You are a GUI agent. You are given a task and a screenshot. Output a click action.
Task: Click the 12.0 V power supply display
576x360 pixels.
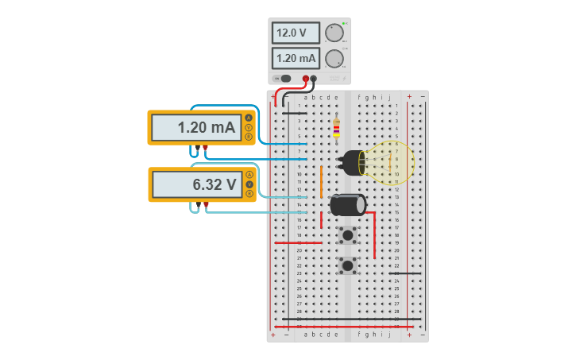coord(296,33)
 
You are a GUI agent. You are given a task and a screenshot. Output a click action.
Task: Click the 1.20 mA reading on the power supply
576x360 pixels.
coord(296,58)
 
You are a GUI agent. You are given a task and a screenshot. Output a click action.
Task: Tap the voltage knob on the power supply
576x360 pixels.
coord(334,33)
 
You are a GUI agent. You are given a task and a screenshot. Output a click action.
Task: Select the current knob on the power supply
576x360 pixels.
coord(334,58)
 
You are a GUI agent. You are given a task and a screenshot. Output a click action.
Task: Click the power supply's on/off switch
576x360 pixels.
coord(284,78)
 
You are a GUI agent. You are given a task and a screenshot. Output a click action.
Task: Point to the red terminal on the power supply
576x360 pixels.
coord(306,78)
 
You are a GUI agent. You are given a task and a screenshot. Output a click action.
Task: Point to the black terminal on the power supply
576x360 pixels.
coord(314,78)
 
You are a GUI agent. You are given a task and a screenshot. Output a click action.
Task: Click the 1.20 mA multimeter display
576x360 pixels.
coord(196,127)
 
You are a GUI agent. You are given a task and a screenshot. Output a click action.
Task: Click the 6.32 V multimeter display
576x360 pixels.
coord(196,184)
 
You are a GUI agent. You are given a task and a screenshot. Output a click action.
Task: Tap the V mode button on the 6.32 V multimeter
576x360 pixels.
coord(249,184)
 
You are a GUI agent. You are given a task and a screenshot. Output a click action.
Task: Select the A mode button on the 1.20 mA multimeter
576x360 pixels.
coord(249,118)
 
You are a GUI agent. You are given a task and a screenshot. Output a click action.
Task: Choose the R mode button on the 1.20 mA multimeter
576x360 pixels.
coord(249,137)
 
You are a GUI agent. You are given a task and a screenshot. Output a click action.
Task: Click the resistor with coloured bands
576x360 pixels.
coord(336,127)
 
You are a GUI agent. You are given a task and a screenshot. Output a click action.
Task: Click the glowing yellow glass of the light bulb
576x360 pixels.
coord(389,163)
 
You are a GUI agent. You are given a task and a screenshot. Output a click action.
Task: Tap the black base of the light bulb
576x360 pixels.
coord(350,162)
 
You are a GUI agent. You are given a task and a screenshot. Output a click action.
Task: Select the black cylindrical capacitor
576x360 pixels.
coord(347,204)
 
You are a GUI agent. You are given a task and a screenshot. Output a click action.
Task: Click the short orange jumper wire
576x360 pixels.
coord(322,182)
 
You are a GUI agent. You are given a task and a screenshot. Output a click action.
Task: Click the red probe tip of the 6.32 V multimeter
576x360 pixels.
coord(206,205)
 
